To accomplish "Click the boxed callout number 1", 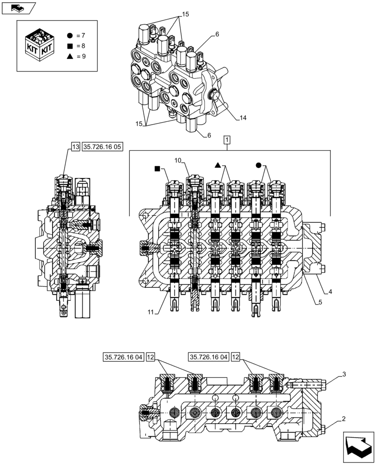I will tap(227, 139).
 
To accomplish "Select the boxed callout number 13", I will tap(75, 147).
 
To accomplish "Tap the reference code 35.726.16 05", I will tap(102, 147).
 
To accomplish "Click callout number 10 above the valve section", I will tap(177, 160).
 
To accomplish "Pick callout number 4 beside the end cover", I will tap(329, 292).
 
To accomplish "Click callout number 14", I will tap(243, 118).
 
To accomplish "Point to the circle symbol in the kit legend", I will tap(70, 35).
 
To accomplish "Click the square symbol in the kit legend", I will tap(70, 46).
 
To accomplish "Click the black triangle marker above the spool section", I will tap(217, 165).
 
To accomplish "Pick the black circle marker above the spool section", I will tap(259, 165).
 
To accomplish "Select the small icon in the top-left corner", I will tap(19, 7).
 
